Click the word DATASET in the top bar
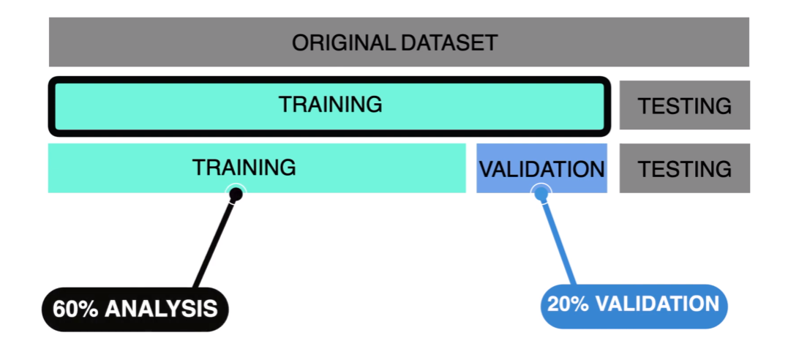tap(448, 42)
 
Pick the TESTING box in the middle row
tap(684, 105)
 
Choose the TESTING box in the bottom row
tap(684, 168)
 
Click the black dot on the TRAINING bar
tap(236, 194)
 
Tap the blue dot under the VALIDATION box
tap(541, 193)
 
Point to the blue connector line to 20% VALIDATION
tap(558, 241)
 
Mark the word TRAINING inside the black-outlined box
tap(330, 105)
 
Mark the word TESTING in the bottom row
tap(684, 169)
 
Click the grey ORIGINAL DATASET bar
tap(146, 42)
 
